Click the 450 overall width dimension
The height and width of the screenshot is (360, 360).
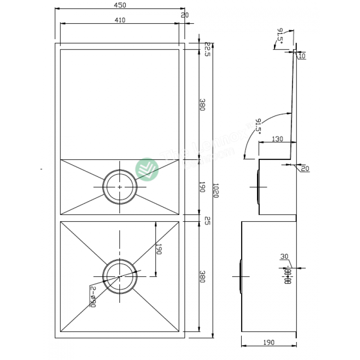(x=120, y=5)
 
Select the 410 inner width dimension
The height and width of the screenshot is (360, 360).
(x=120, y=20)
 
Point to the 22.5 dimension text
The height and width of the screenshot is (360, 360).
(x=207, y=49)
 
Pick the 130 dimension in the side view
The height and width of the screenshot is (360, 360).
(x=278, y=139)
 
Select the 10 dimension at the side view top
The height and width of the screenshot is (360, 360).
(x=301, y=56)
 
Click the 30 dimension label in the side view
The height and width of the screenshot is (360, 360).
(x=284, y=256)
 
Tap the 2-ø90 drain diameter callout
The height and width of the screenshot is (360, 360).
(x=93, y=297)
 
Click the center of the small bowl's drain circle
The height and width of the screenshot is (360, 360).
(x=120, y=186)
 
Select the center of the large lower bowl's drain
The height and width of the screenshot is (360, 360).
(x=120, y=276)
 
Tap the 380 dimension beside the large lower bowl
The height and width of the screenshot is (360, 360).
(x=202, y=276)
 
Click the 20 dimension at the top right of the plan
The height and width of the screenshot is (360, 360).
(x=184, y=15)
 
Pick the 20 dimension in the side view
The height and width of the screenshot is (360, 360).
(x=305, y=169)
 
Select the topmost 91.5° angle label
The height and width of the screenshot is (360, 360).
(x=280, y=36)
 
